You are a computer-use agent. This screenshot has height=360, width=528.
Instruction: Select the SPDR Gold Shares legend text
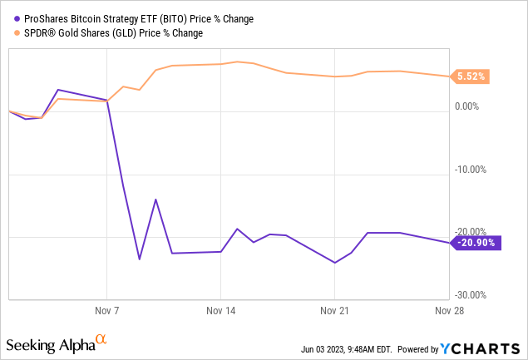pyautogui.click(x=110, y=32)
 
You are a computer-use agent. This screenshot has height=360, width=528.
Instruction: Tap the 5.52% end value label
pyautogui.click(x=471, y=76)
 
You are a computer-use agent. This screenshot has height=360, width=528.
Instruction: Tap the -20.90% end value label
pyautogui.click(x=473, y=242)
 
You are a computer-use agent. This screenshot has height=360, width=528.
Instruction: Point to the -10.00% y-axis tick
pyautogui.click(x=472, y=170)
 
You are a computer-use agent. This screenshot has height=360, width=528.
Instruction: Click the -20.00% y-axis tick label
pyautogui.click(x=472, y=232)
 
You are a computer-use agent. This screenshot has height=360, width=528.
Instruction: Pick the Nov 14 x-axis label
pyautogui.click(x=220, y=309)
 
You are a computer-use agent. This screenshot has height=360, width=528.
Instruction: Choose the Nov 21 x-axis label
pyautogui.click(x=333, y=309)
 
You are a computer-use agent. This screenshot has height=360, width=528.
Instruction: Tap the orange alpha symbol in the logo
pyautogui.click(x=101, y=339)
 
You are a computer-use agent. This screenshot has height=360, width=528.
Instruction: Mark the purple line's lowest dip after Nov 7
pyautogui.click(x=139, y=259)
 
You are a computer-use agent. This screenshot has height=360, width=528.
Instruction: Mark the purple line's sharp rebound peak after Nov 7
pyautogui.click(x=155, y=199)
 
